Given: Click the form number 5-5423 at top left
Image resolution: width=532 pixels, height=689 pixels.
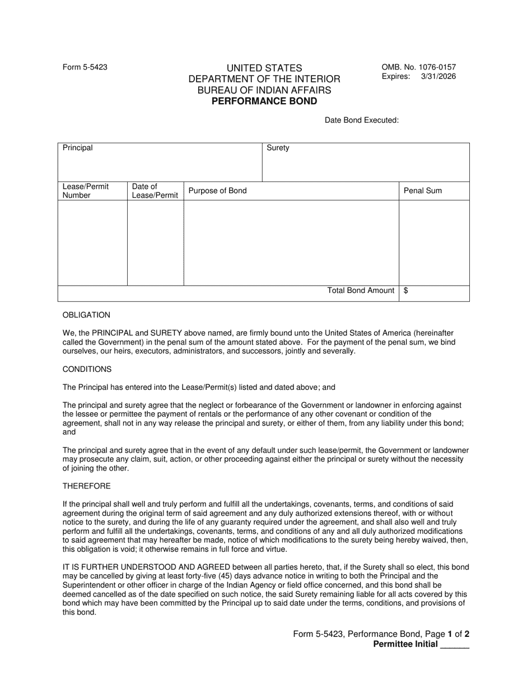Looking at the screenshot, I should (x=85, y=67).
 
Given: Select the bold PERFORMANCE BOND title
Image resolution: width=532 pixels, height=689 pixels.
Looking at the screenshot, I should (x=264, y=101).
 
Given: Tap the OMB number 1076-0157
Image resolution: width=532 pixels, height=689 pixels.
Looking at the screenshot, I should (x=419, y=67).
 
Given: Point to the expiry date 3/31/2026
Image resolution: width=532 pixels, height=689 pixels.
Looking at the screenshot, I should (x=438, y=77).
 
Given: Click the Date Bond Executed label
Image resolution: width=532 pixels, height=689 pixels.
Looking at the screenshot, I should (x=362, y=120).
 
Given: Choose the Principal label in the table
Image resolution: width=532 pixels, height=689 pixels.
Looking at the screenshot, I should (x=78, y=148).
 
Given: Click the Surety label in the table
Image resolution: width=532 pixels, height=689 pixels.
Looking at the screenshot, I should (x=278, y=148).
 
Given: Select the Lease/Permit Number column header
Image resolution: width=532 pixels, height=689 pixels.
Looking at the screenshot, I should (x=86, y=190).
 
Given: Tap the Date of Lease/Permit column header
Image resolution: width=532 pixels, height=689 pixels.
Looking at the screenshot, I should (x=155, y=190).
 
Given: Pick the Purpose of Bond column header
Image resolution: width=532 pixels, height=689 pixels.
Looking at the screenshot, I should (x=217, y=190).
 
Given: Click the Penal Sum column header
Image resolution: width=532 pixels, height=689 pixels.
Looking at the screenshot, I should (x=423, y=190).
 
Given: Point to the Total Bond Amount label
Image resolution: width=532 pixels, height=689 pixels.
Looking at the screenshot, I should (x=361, y=290).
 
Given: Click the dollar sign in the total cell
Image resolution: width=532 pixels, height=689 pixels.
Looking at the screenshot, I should (x=406, y=290).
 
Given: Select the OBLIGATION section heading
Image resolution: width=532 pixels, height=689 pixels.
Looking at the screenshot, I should (x=86, y=315).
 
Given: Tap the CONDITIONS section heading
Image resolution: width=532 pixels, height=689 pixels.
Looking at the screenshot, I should (x=87, y=369).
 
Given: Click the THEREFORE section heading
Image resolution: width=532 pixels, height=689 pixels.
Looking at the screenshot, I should (x=86, y=486).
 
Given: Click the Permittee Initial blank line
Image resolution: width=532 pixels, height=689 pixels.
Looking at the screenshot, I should (x=455, y=645).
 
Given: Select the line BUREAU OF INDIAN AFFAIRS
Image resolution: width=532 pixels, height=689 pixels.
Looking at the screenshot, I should (x=264, y=90).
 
